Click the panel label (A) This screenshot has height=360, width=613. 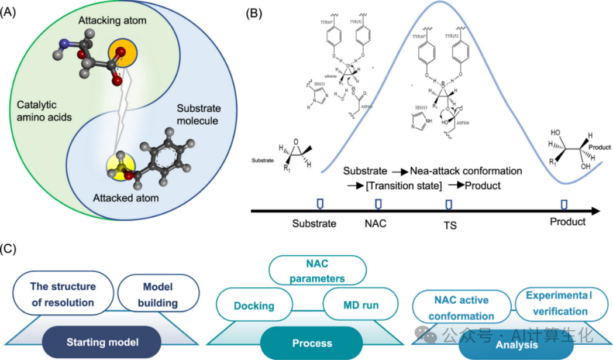point(12,13)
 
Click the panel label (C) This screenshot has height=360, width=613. point(12,248)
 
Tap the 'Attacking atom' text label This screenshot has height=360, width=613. point(112,21)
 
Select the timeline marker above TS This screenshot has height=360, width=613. point(449,203)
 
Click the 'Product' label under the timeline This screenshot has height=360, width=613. point(567,222)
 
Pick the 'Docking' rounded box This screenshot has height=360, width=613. point(253,306)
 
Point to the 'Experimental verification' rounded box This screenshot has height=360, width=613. point(558,304)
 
